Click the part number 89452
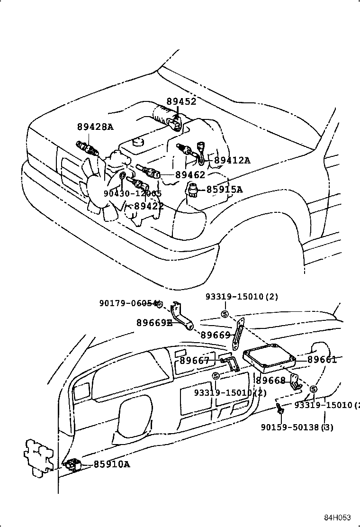181,101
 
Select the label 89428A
95,127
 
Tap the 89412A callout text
232,160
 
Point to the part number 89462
190,174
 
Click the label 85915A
224,190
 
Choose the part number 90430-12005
133,193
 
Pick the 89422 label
149,206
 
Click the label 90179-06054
128,303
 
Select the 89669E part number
154,323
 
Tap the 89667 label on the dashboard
194,361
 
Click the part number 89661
322,360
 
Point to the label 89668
271,381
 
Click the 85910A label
111,464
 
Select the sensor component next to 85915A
193,189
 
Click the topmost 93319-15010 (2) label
242,297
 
